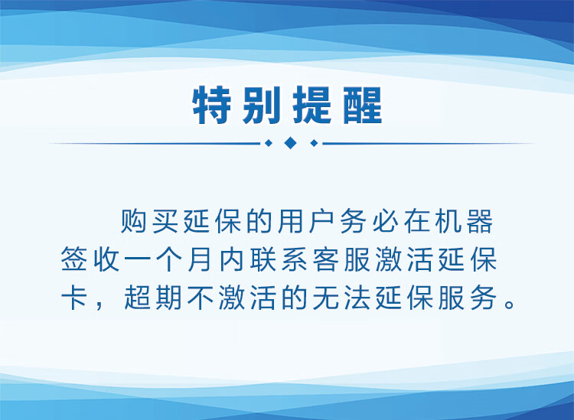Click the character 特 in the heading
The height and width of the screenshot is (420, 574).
click(x=212, y=106)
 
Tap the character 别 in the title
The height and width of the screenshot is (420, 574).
click(x=262, y=106)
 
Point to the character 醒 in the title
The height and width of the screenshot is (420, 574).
click(x=363, y=106)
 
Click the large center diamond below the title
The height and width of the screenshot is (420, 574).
click(x=290, y=143)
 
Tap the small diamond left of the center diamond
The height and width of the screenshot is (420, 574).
click(x=269, y=143)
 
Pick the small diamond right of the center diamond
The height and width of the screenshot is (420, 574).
click(x=314, y=143)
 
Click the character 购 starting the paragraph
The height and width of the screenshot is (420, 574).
click(x=134, y=221)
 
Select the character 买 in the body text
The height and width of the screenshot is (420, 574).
click(x=165, y=221)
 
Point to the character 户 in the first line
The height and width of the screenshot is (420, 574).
click(x=322, y=221)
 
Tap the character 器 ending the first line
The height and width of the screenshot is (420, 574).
click(x=480, y=221)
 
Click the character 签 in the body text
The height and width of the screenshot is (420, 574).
click(x=74, y=259)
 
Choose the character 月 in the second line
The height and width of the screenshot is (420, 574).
click(x=200, y=259)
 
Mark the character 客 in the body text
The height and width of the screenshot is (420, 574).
click(x=325, y=259)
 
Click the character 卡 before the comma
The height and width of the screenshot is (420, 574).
click(x=74, y=298)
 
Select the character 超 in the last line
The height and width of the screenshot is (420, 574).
click(x=137, y=298)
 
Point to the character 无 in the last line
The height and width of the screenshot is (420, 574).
click(x=325, y=298)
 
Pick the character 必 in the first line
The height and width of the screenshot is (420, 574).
click(x=385, y=221)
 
